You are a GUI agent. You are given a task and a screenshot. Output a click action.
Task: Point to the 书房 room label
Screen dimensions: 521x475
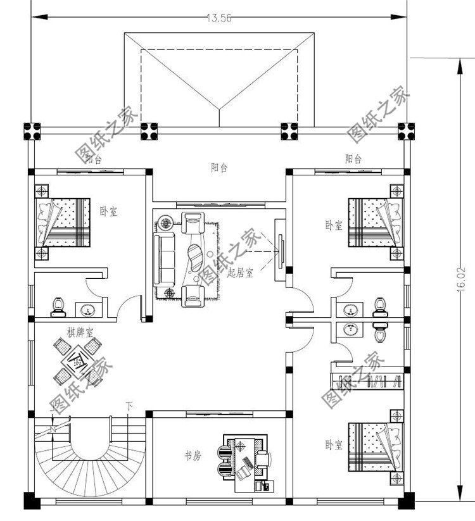193,455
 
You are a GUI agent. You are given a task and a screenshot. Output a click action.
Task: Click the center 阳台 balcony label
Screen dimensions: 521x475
220,168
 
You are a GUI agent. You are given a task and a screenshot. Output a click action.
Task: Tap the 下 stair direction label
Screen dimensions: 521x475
129,405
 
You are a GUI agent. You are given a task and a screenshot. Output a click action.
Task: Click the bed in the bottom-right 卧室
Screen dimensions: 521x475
375,447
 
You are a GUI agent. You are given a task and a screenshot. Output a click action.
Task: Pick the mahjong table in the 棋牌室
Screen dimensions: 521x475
79,361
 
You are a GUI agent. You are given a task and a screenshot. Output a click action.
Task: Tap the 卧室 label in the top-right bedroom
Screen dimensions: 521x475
334,225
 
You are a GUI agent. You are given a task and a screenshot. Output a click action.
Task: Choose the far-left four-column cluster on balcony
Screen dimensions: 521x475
31,131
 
